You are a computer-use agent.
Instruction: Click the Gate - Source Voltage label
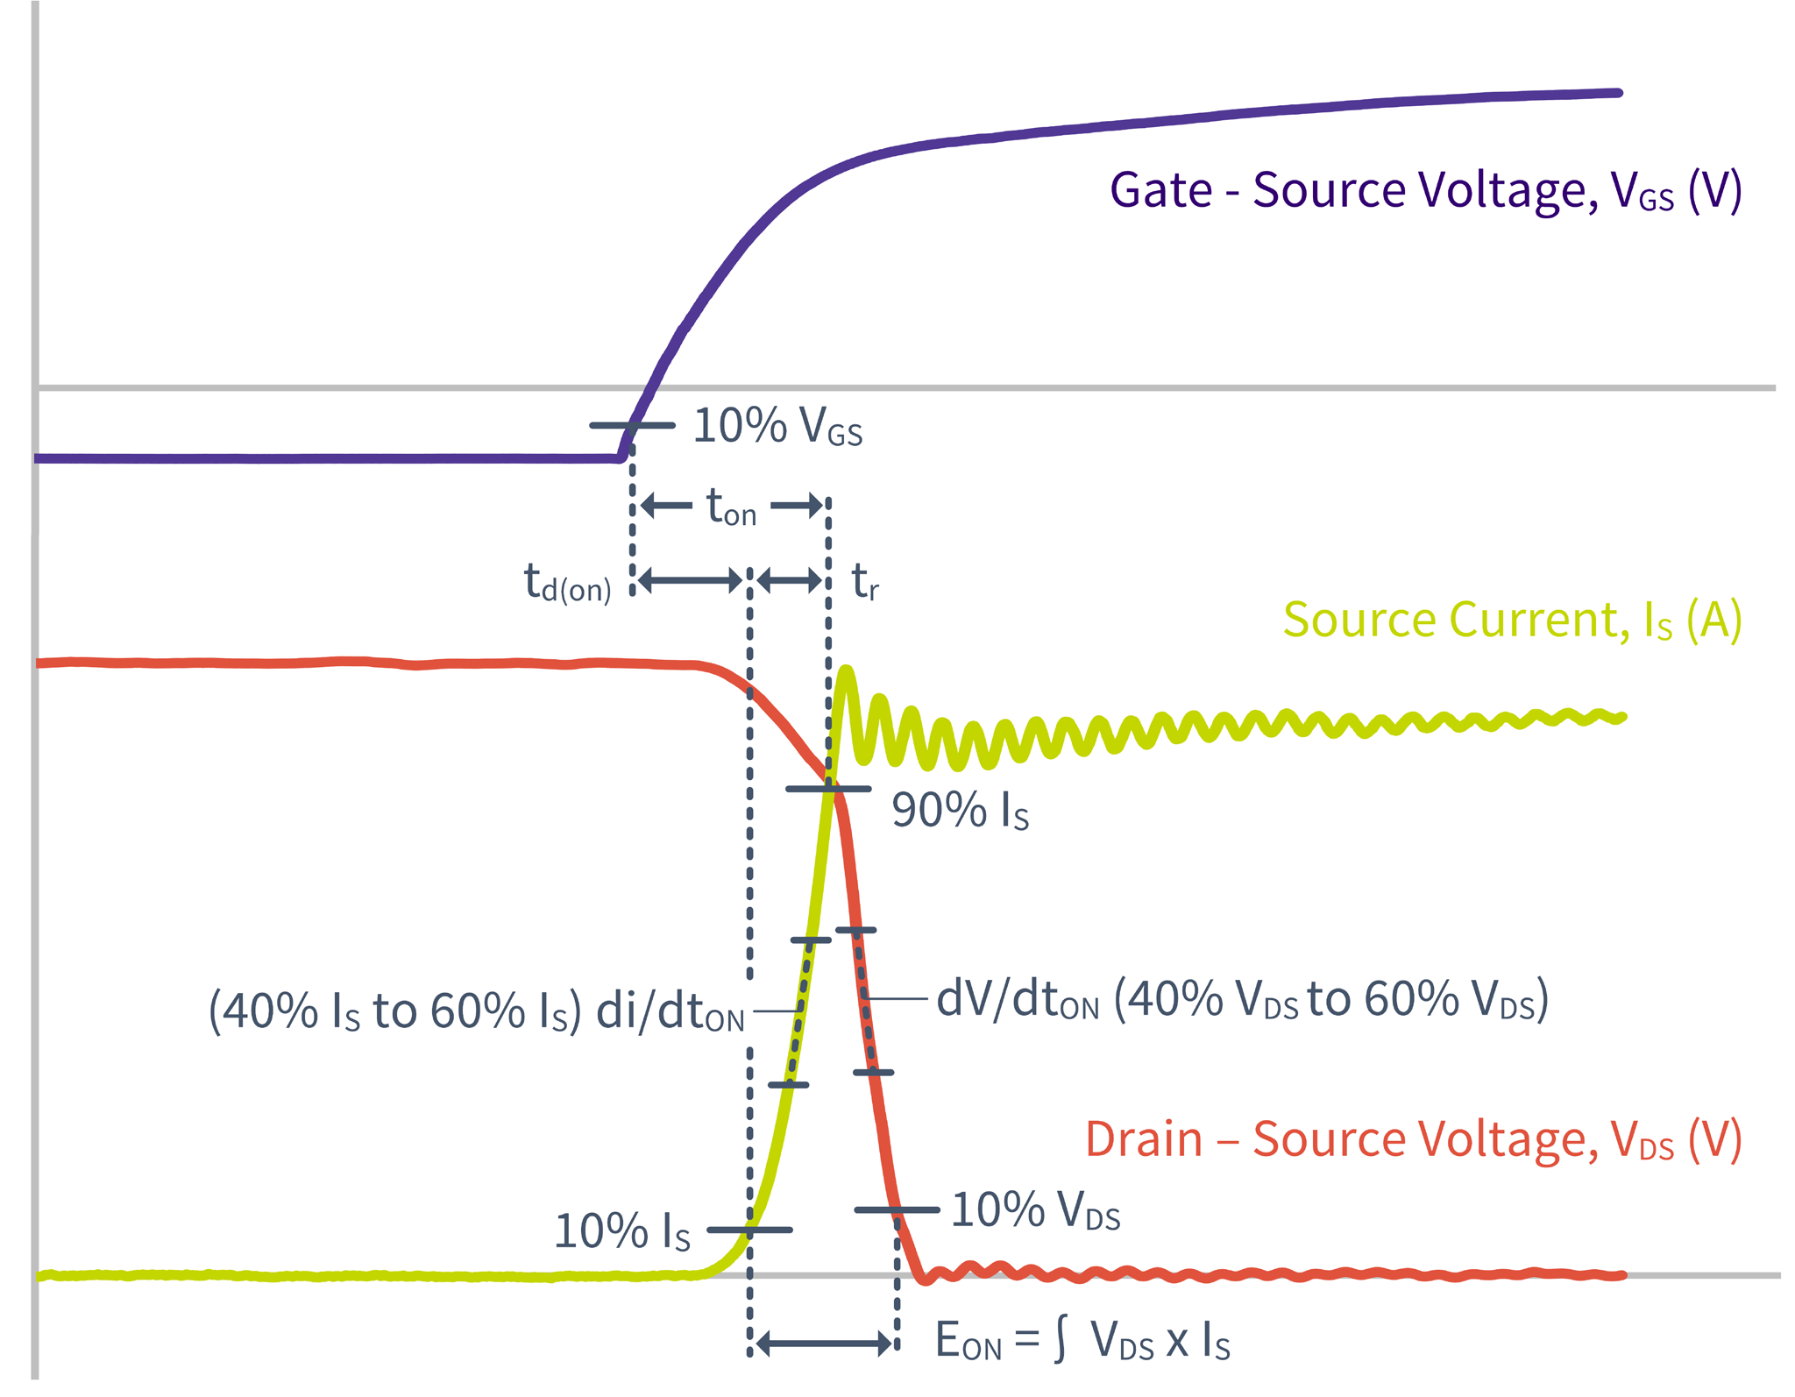pyautogui.click(x=1424, y=190)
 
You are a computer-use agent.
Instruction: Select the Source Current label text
pyautogui.click(x=1512, y=620)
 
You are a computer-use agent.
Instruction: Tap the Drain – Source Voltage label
pyautogui.click(x=1413, y=1139)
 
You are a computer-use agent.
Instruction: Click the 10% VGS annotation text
pyautogui.click(x=777, y=428)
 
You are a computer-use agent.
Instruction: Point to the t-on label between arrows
pyautogui.click(x=731, y=508)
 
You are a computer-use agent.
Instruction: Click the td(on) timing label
pyautogui.click(x=567, y=583)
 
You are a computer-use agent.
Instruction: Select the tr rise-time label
pyautogui.click(x=865, y=582)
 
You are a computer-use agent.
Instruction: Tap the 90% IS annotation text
pyautogui.click(x=960, y=811)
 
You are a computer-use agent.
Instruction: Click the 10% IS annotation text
pyautogui.click(x=622, y=1232)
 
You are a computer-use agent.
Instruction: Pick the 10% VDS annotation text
pyautogui.click(x=1035, y=1211)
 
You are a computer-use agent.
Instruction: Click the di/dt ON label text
pyautogui.click(x=476, y=1011)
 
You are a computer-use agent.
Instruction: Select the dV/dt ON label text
pyautogui.click(x=1242, y=999)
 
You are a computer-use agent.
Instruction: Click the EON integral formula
pyautogui.click(x=1082, y=1341)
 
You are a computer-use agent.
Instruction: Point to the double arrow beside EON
pyautogui.click(x=824, y=1344)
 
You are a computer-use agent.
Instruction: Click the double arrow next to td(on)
pyautogui.click(x=691, y=580)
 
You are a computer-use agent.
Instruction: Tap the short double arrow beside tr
pyautogui.click(x=790, y=580)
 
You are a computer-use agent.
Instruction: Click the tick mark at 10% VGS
pyautogui.click(x=632, y=426)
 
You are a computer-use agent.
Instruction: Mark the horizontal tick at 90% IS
pyautogui.click(x=828, y=790)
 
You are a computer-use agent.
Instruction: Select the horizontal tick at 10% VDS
pyautogui.click(x=897, y=1210)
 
